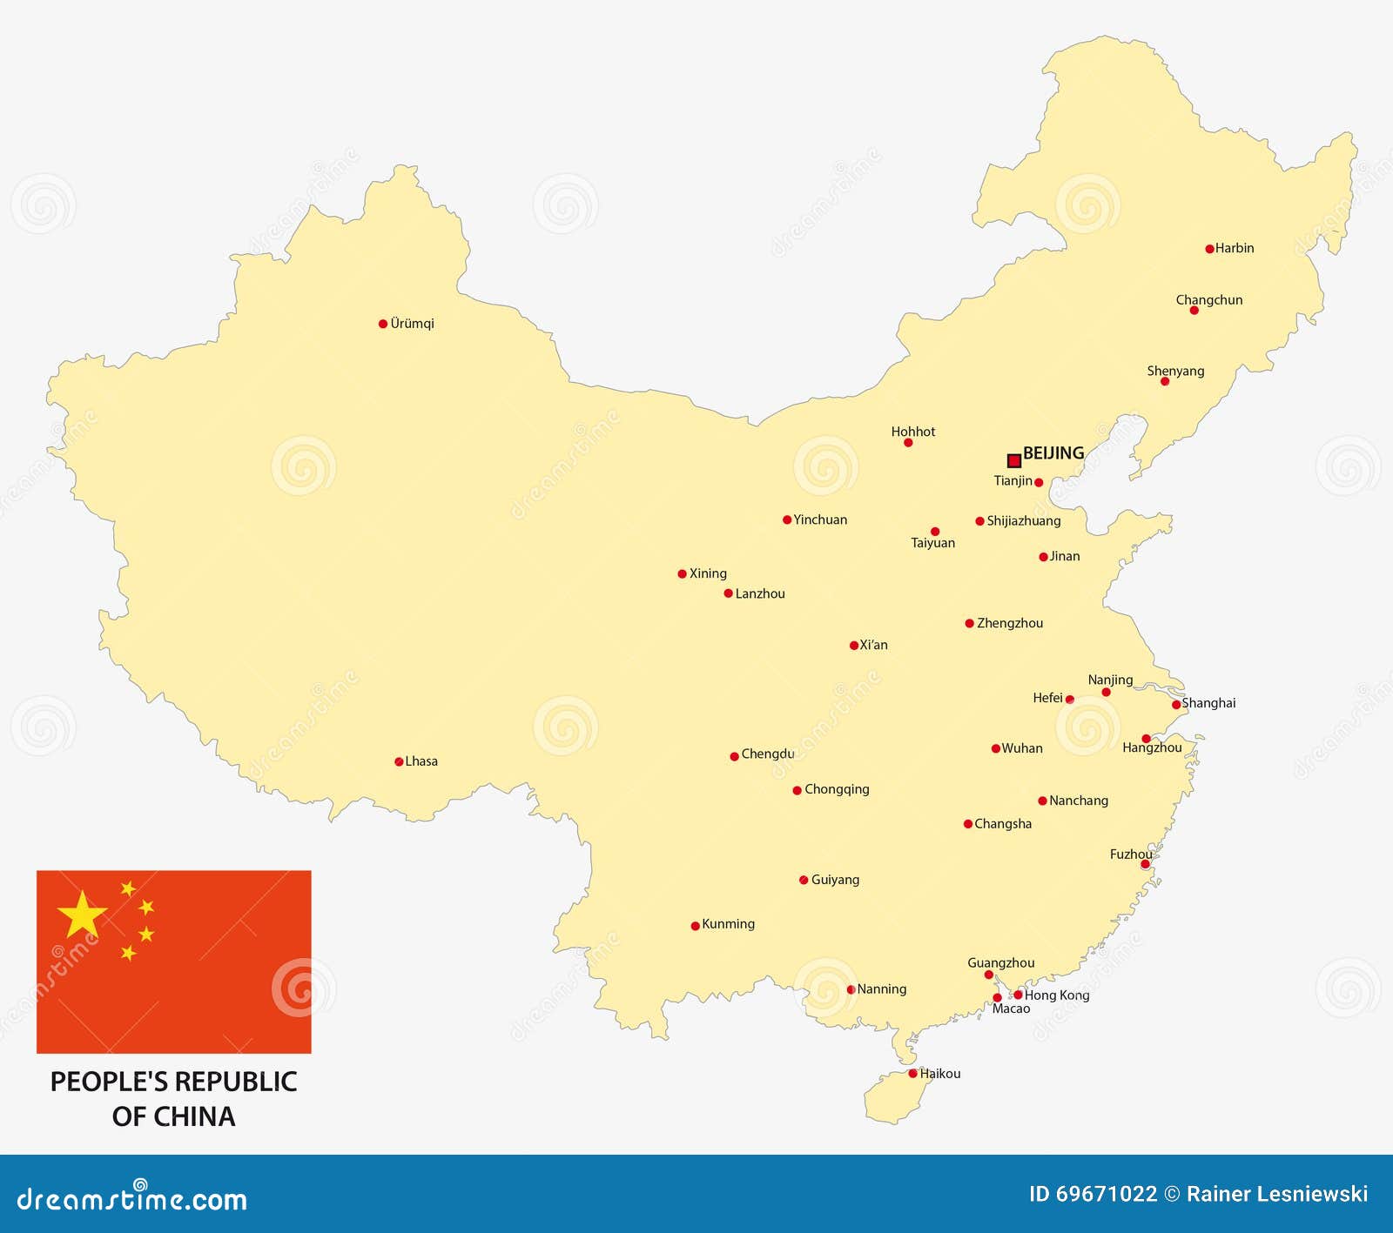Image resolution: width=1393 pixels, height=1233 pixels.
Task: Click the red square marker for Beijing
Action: pyautogui.click(x=1013, y=460)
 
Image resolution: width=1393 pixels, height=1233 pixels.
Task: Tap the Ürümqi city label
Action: pyautogui.click(x=412, y=324)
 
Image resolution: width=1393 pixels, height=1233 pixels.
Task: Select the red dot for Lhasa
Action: pyautogui.click(x=399, y=761)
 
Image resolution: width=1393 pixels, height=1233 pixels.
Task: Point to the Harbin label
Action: pyautogui.click(x=1235, y=248)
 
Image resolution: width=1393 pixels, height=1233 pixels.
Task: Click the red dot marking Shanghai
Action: pyautogui.click(x=1176, y=705)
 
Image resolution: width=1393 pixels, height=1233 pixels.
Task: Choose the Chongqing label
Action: pyautogui.click(x=837, y=789)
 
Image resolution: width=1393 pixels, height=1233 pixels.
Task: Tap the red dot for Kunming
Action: pyautogui.click(x=695, y=926)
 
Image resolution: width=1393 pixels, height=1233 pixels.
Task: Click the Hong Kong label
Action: pyautogui.click(x=1057, y=995)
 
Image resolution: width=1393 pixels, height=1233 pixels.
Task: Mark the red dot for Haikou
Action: pyautogui.click(x=912, y=1074)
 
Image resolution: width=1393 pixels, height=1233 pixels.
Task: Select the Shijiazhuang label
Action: pyautogui.click(x=1024, y=520)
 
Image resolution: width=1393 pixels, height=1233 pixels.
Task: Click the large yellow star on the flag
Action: pyautogui.click(x=82, y=915)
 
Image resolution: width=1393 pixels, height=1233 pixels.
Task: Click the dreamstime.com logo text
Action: pyautogui.click(x=132, y=1199)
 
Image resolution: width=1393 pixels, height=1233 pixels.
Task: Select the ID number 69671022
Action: pyautogui.click(x=1107, y=1194)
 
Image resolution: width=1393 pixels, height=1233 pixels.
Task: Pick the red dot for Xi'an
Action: pyautogui.click(x=854, y=646)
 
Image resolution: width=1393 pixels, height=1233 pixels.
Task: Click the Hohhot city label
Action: pyautogui.click(x=913, y=432)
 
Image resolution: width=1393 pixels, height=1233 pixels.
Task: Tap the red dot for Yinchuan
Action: pyautogui.click(x=787, y=520)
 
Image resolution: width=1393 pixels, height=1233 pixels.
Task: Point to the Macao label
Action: pyautogui.click(x=1011, y=1009)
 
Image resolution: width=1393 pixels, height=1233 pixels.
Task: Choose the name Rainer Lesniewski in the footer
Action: pyautogui.click(x=1277, y=1194)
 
